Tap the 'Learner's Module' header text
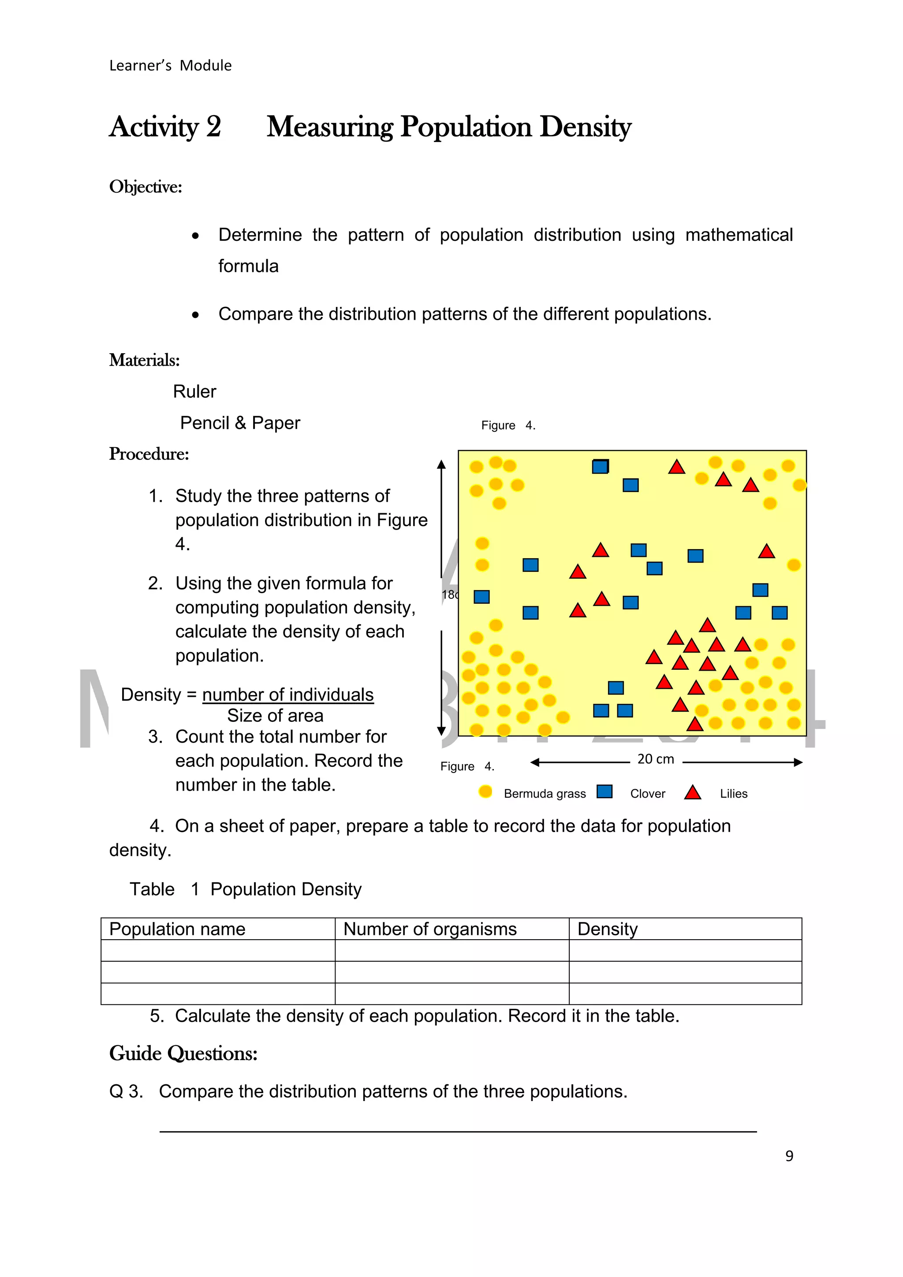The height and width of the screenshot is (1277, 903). tap(170, 66)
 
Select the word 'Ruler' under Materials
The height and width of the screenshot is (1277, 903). tap(194, 392)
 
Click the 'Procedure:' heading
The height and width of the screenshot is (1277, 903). tap(149, 454)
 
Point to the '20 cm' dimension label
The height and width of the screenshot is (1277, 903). tap(655, 759)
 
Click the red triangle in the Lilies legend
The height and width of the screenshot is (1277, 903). tap(692, 792)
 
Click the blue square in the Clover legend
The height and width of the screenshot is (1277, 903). tap(604, 792)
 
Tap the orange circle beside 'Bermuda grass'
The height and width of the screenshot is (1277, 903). tap(485, 792)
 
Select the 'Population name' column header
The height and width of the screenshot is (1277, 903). tap(177, 930)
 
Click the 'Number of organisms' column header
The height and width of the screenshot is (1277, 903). tap(429, 930)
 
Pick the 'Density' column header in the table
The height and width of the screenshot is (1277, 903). tap(607, 930)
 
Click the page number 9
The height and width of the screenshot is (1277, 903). tap(789, 1156)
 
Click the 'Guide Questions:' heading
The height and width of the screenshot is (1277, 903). tap(183, 1053)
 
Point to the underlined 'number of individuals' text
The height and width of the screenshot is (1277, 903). tap(287, 695)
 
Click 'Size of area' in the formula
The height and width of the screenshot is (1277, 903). tap(275, 716)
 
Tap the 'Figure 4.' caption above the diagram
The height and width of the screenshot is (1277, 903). tap(507, 426)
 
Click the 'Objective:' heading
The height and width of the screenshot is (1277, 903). tap(145, 187)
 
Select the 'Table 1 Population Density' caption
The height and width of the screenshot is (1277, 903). tap(245, 889)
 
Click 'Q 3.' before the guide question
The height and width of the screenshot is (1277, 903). tap(126, 1092)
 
